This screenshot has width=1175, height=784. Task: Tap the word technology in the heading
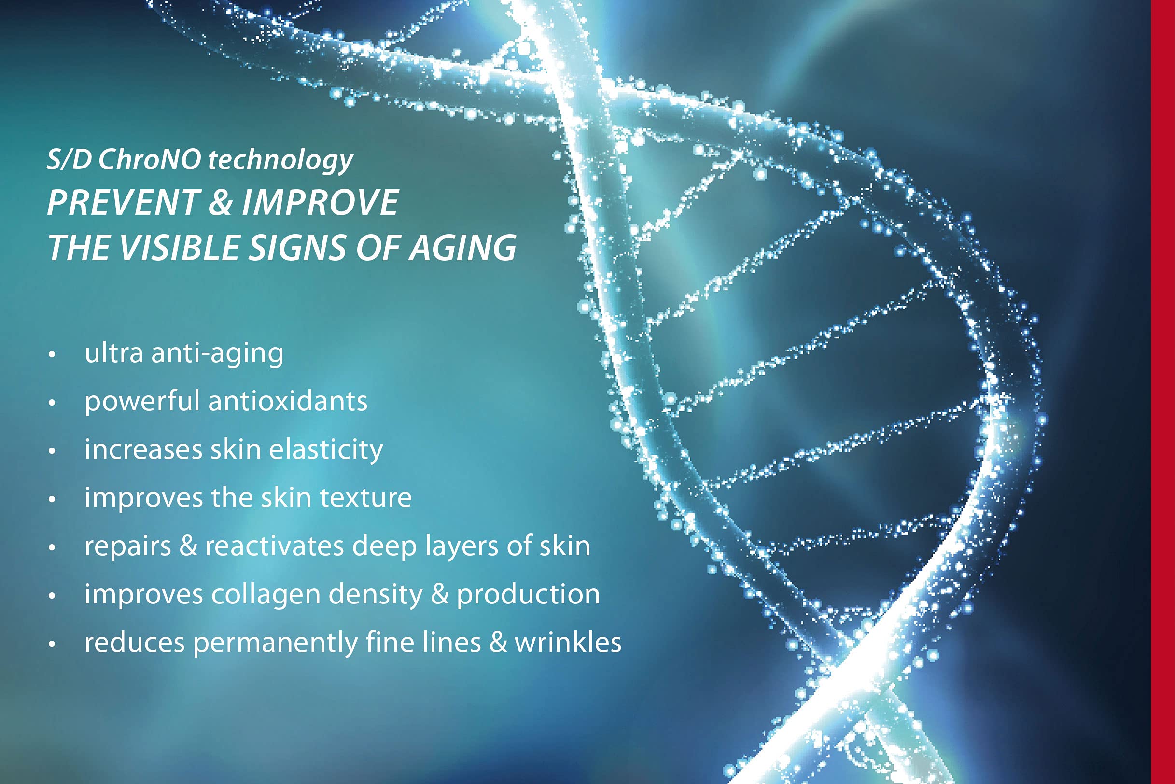[280, 162]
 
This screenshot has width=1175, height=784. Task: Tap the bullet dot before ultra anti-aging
[52, 354]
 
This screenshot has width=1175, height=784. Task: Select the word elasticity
[326, 450]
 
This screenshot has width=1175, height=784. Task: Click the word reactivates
[275, 546]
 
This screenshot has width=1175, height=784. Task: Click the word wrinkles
[568, 642]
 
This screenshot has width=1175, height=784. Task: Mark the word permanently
[275, 644]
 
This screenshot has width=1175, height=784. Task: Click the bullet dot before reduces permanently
[52, 644]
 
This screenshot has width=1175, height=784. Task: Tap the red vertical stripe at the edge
[1163, 392]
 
